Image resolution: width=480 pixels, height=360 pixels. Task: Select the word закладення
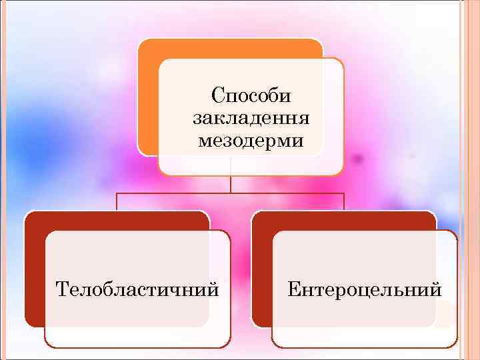(x=251, y=119)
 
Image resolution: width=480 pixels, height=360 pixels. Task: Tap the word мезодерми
(x=251, y=141)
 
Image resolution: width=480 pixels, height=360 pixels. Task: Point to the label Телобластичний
(x=138, y=289)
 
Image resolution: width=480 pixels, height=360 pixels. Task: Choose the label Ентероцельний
(x=365, y=289)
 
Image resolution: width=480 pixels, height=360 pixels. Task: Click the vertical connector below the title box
(x=231, y=184)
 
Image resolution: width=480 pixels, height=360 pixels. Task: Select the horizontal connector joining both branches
(x=231, y=193)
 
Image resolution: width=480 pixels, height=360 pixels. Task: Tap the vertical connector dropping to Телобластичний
(x=117, y=201)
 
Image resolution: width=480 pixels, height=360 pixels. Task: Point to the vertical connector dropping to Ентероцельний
(x=344, y=201)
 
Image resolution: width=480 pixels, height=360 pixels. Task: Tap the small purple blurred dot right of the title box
(x=358, y=159)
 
